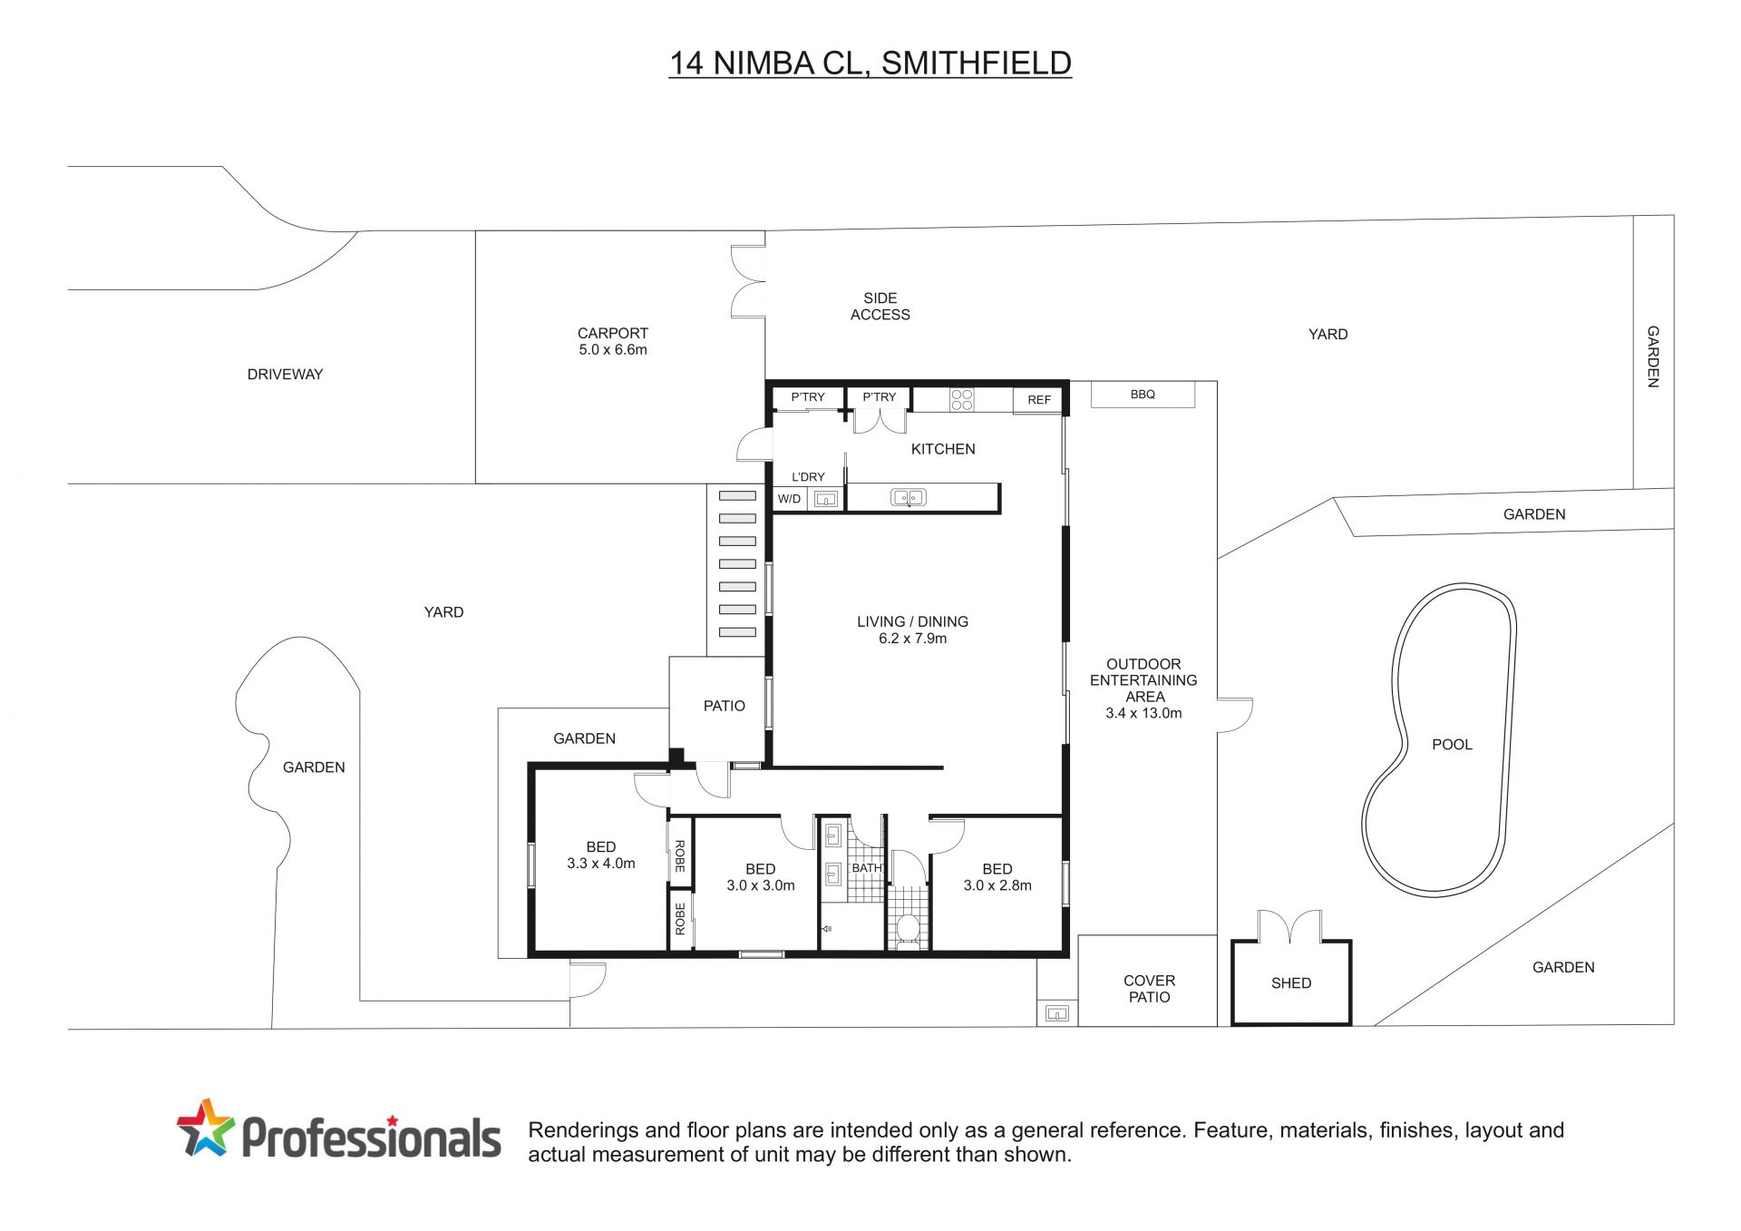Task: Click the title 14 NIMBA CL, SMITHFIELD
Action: tap(870, 63)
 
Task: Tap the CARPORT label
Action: tap(613, 333)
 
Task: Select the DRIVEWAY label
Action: tap(285, 374)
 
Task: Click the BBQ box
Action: tap(1143, 395)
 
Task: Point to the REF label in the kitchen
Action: tap(1039, 400)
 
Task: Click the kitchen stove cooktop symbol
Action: tap(962, 399)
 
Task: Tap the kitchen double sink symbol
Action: tap(909, 497)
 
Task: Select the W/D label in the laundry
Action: tap(789, 499)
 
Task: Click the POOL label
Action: tap(1452, 745)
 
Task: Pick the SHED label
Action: tap(1291, 983)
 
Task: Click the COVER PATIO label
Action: tap(1149, 989)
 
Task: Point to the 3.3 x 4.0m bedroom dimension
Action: tap(601, 864)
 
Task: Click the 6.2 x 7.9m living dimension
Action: tap(912, 639)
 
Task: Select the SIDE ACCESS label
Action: tap(880, 307)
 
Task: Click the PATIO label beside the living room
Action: tap(725, 706)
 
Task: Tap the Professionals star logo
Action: tap(206, 1128)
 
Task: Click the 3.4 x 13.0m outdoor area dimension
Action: tap(1143, 714)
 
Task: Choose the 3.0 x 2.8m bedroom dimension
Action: tap(997, 885)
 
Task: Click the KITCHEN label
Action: tap(943, 449)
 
